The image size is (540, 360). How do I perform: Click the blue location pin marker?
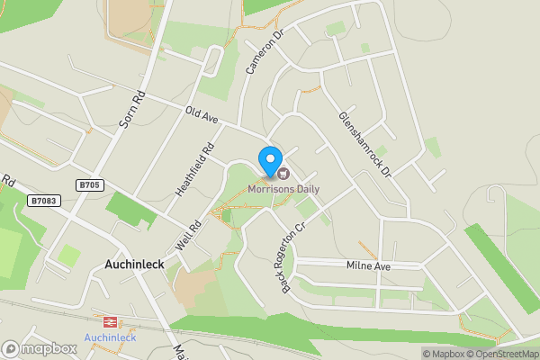coord(269,160)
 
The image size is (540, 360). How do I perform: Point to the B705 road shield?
coord(88,185)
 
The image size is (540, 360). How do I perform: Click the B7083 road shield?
coord(44,201)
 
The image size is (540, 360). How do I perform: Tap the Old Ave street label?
coord(202,114)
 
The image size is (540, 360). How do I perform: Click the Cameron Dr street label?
coord(265,50)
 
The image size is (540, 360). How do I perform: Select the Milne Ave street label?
coord(369,265)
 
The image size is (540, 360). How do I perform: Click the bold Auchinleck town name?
coord(134,265)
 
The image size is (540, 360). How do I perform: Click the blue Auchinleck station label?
coord(110,337)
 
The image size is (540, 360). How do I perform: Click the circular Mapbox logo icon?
coord(11,348)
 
